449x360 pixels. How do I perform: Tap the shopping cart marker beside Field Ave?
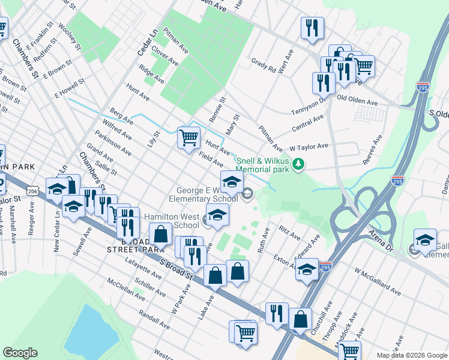coord(188,137)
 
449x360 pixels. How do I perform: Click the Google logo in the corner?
coord(20,353)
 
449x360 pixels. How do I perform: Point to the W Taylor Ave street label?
coord(309,146)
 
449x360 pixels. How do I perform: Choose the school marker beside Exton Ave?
coord(307,269)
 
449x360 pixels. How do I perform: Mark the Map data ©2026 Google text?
coord(411,355)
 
